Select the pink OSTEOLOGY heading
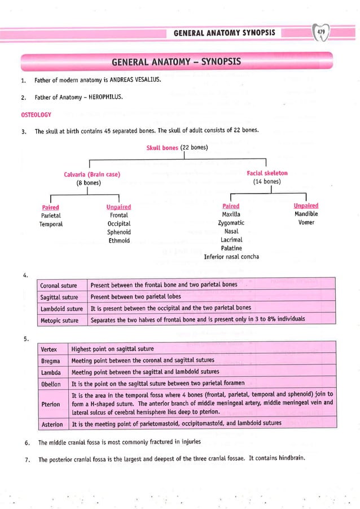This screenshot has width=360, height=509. (x=36, y=115)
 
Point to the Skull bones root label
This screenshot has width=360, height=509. (x=162, y=148)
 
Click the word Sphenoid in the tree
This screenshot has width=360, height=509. (x=119, y=232)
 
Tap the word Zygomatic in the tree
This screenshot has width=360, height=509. (x=231, y=223)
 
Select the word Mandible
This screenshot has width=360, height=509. (x=306, y=214)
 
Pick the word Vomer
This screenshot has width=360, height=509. (x=306, y=223)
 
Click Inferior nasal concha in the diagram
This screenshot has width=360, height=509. (x=231, y=257)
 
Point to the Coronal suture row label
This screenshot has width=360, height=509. (x=59, y=285)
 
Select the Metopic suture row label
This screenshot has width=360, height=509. (x=59, y=321)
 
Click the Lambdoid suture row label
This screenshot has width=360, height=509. (x=62, y=309)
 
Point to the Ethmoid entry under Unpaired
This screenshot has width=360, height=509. (x=119, y=241)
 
